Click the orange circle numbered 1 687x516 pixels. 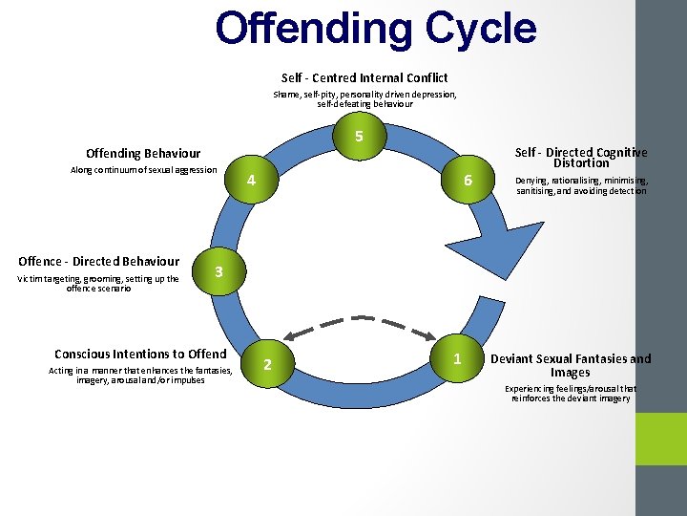click(x=459, y=359)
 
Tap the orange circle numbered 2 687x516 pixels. click(x=267, y=365)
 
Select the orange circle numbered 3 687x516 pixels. click(x=219, y=272)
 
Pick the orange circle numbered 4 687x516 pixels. click(x=250, y=181)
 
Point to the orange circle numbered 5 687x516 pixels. click(x=359, y=137)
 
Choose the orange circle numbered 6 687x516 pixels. click(x=468, y=181)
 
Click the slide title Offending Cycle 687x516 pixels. click(x=376, y=29)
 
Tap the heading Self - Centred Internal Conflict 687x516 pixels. click(x=364, y=77)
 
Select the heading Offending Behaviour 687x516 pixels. click(x=143, y=153)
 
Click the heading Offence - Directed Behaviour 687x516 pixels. click(x=98, y=261)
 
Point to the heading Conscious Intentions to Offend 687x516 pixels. click(x=140, y=354)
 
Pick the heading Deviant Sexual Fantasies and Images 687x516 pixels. click(x=571, y=365)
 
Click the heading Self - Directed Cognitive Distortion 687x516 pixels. click(x=581, y=157)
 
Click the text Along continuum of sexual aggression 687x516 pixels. click(x=144, y=171)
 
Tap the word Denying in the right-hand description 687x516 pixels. click(x=532, y=181)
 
